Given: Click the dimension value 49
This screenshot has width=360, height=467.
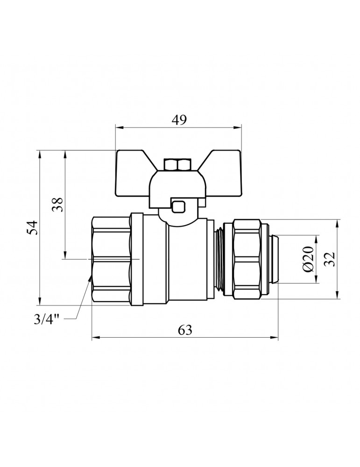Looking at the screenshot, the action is pos(179,120).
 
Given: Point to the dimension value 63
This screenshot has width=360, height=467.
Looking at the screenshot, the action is pos(185,330).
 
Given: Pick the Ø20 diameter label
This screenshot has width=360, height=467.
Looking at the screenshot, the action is pos(308,259).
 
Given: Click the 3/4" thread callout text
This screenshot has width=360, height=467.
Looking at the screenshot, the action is pos(47,320).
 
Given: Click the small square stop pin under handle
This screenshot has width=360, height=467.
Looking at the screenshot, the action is pos(178,206).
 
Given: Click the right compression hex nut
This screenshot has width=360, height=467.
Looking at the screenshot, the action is pos(247,259).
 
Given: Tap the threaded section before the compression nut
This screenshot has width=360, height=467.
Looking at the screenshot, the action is pos(219,259).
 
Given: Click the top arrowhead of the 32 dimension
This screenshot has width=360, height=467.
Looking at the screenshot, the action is pos(338,223).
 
